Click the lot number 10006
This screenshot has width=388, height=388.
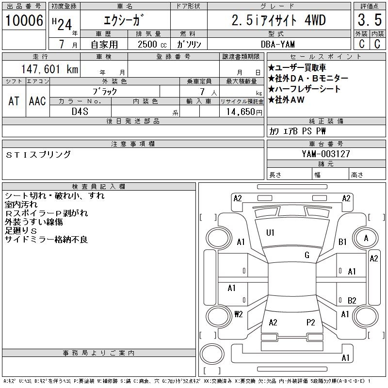[x=24, y=20]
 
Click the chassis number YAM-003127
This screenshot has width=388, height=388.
[x=325, y=154]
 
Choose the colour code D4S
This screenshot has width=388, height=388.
[x=80, y=112]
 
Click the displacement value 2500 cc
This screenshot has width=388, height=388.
[x=152, y=44]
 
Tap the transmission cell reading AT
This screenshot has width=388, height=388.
[x=14, y=101]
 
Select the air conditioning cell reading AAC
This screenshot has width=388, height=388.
[x=37, y=101]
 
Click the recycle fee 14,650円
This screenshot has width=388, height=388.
[x=241, y=112]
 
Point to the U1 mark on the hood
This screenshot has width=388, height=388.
[x=270, y=233]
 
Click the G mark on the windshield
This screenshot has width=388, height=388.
[x=307, y=255]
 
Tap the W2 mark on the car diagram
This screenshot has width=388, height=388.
[x=238, y=314]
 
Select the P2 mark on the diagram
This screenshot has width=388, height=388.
[x=311, y=322]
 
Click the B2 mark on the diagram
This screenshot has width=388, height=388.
[x=352, y=300]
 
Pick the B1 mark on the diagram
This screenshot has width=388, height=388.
[x=342, y=242]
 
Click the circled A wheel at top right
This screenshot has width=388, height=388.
[x=366, y=238]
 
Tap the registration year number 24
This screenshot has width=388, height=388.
[x=65, y=21]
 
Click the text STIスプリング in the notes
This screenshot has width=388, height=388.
[x=38, y=155]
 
